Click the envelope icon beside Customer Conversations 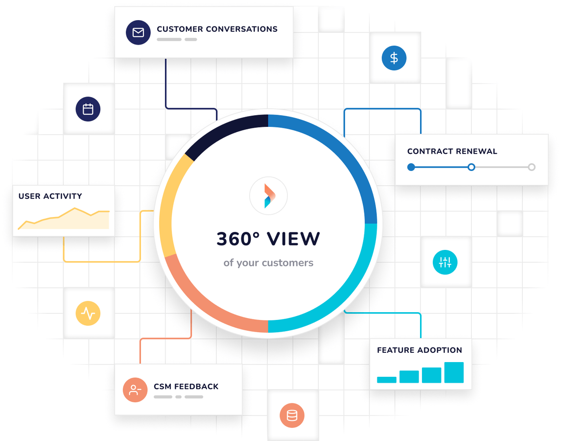(x=138, y=32)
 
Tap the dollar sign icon (x=394, y=58)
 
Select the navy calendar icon (x=88, y=109)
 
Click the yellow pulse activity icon (x=88, y=313)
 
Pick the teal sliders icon (x=445, y=262)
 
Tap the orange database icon (x=292, y=416)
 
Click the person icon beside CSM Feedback (x=135, y=390)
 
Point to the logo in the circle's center (x=269, y=196)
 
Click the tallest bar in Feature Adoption (x=454, y=372)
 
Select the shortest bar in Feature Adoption (x=387, y=380)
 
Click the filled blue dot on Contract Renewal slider (x=411, y=167)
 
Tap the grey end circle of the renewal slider (x=532, y=167)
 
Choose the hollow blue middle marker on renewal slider (x=471, y=167)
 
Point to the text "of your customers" (x=268, y=263)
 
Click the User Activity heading (x=50, y=196)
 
